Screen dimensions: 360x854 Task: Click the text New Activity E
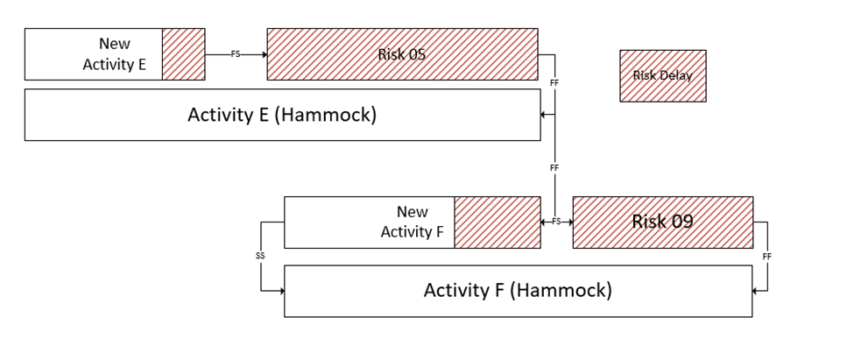(x=114, y=54)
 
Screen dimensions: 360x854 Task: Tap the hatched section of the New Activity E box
(x=183, y=54)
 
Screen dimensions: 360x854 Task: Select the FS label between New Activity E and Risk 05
(x=235, y=54)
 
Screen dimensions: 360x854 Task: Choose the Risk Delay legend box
(x=662, y=75)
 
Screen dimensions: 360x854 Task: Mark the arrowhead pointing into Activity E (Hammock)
(x=544, y=115)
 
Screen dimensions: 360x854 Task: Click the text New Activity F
(x=412, y=222)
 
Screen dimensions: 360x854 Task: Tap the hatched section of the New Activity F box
(x=497, y=222)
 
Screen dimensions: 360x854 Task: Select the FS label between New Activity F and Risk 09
(x=556, y=222)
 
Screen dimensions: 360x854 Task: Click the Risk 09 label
(x=662, y=222)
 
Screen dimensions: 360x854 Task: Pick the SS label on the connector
(x=260, y=256)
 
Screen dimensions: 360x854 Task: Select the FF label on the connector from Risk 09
(x=767, y=256)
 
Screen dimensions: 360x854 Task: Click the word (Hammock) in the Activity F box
(x=564, y=290)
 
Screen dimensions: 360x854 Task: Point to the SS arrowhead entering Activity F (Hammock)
(x=281, y=290)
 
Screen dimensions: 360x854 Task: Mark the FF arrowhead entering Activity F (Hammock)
(x=755, y=290)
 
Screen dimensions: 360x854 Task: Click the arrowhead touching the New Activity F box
(x=544, y=222)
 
